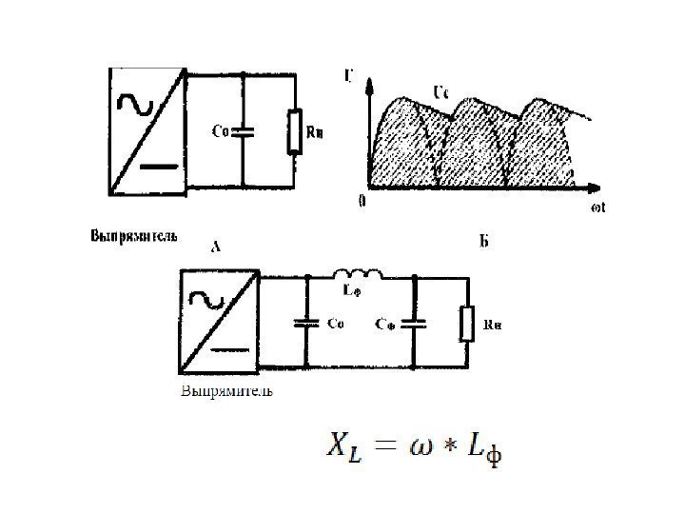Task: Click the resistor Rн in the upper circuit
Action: (295, 130)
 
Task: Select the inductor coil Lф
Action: (360, 277)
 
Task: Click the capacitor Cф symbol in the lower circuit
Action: (415, 324)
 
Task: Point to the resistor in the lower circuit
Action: (466, 324)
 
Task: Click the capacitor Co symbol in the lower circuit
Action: (307, 324)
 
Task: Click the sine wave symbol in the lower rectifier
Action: (206, 299)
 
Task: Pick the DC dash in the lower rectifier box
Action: (228, 349)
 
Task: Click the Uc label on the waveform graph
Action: (441, 92)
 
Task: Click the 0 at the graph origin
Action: (362, 202)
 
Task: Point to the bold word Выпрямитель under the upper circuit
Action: (133, 234)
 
